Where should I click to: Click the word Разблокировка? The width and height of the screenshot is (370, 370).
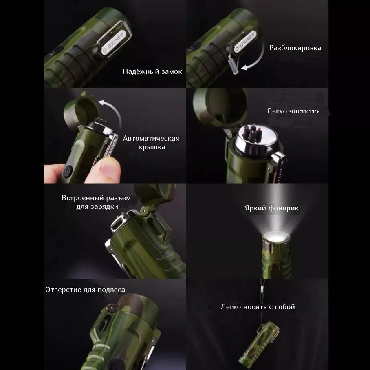(x=295, y=48)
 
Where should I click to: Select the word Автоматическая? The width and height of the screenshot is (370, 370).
(x=151, y=138)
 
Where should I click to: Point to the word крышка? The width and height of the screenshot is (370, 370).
(x=152, y=147)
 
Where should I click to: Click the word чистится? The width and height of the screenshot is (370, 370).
(x=304, y=111)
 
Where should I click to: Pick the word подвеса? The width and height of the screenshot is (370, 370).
(x=111, y=290)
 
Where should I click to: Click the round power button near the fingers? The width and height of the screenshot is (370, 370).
(x=68, y=171)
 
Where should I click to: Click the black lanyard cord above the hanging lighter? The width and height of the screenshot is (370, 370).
(x=262, y=300)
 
